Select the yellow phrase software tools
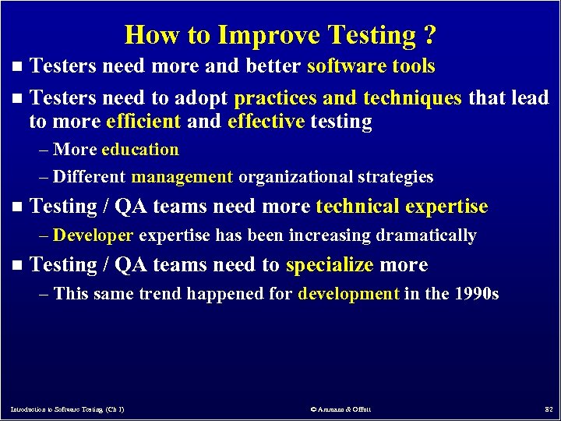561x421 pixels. tap(371, 66)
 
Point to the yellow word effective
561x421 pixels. tap(266, 122)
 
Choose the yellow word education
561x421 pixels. tap(140, 150)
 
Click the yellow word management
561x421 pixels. tap(182, 177)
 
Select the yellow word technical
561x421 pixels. tap(357, 207)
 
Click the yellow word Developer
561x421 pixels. tap(94, 235)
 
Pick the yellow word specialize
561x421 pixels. tap(330, 265)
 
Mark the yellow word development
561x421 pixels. tap(348, 294)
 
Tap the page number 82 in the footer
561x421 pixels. tap(548, 409)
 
